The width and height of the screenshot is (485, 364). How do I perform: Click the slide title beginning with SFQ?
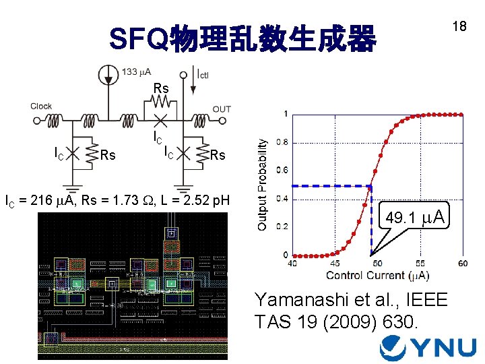[243, 40]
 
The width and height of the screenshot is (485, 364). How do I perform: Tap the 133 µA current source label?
[137, 72]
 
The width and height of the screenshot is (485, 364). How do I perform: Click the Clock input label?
[41, 106]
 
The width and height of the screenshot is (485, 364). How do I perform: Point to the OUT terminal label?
[222, 109]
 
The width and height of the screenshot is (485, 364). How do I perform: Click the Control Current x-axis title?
[378, 275]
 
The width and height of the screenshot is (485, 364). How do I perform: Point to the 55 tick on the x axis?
[420, 263]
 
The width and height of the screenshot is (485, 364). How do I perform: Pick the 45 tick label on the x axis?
[334, 263]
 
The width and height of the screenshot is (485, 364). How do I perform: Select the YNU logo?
[428, 347]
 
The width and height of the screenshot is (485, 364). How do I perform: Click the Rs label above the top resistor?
[160, 88]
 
